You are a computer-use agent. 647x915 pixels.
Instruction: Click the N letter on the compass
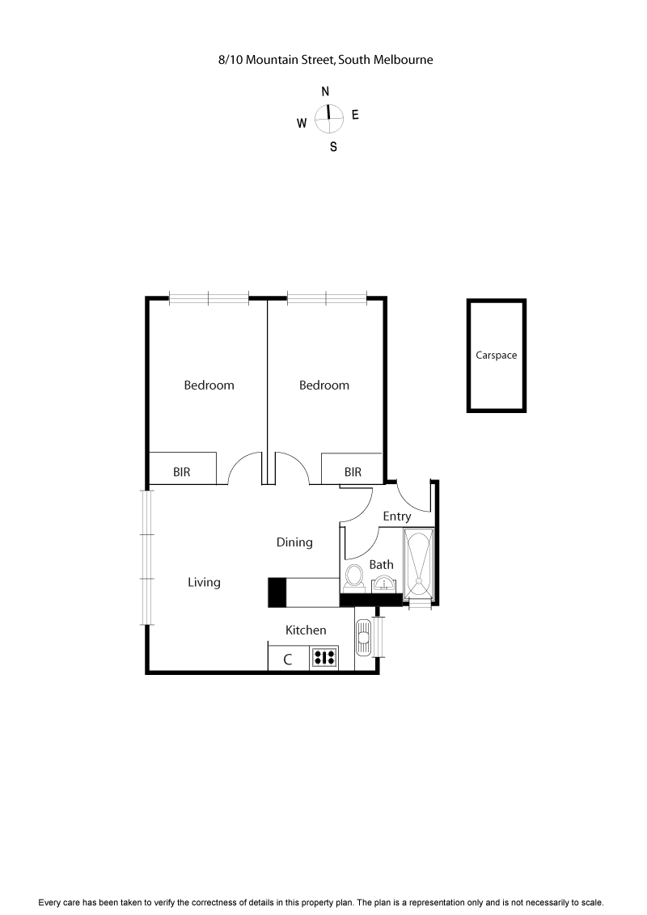tap(325, 91)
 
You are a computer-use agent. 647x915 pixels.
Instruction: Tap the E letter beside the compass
tap(355, 115)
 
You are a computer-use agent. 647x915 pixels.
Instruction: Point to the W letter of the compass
tap(301, 124)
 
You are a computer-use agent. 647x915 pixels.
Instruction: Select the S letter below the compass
tap(333, 147)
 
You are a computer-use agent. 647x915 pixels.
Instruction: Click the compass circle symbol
tap(328, 119)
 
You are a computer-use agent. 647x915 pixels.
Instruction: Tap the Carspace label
tap(496, 355)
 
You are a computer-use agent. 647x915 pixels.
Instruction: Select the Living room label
tap(204, 582)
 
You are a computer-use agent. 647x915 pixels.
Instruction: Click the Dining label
tap(294, 542)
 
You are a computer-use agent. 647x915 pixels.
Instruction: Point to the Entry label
tap(396, 517)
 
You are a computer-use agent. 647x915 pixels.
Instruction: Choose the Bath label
tap(381, 564)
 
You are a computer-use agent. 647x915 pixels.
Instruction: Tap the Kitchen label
tap(306, 630)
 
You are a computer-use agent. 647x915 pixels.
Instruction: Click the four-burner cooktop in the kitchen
tap(324, 658)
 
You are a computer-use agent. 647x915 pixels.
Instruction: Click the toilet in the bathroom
tap(353, 577)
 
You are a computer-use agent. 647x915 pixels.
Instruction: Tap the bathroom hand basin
tap(383, 584)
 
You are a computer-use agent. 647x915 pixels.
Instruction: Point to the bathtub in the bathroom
tap(419, 564)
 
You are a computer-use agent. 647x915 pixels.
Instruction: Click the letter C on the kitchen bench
tap(287, 659)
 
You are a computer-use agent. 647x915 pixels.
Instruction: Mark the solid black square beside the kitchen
tap(277, 592)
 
